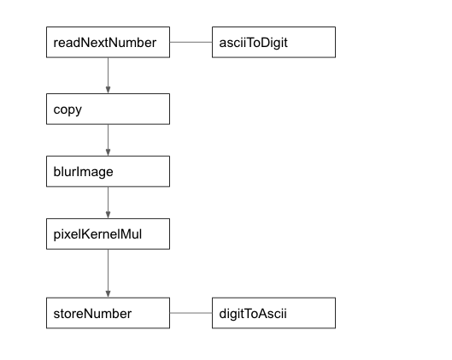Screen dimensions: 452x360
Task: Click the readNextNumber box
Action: [x=109, y=42]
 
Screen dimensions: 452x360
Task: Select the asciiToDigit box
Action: [x=274, y=42]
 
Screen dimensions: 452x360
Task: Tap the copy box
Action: [x=109, y=109]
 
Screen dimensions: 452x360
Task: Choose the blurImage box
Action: [x=109, y=171]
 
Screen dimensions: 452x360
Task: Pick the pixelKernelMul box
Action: [x=109, y=233]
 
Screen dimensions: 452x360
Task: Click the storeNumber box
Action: [x=109, y=313]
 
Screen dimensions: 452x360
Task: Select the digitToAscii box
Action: [x=274, y=313]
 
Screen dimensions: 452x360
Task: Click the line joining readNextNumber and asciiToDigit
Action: [x=191, y=42]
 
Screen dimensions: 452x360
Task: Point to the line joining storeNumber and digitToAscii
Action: [x=191, y=313]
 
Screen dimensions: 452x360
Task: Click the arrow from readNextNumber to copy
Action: [x=109, y=75]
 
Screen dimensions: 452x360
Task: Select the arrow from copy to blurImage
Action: [x=109, y=140]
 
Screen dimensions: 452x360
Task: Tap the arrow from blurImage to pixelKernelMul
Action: [x=109, y=203]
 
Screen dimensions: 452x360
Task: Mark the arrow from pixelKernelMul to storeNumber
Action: [x=109, y=273]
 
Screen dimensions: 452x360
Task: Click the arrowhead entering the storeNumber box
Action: [x=109, y=294]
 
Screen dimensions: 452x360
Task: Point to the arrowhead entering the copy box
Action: [x=109, y=90]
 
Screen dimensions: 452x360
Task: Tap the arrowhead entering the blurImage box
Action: [x=109, y=152]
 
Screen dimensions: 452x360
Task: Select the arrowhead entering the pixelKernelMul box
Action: [x=109, y=215]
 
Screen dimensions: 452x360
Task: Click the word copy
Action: [x=68, y=110]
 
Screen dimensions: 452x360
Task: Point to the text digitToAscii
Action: [x=253, y=314]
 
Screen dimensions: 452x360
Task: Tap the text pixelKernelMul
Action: [x=97, y=234]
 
